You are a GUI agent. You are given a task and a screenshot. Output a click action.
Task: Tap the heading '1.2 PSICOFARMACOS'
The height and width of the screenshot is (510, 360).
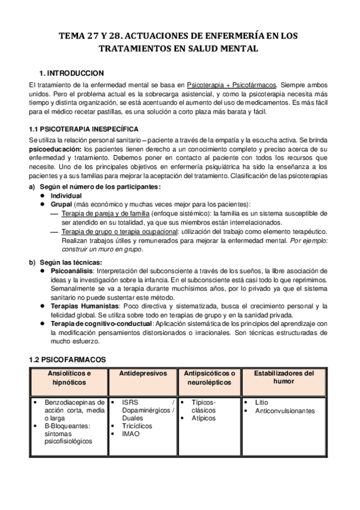[67, 359]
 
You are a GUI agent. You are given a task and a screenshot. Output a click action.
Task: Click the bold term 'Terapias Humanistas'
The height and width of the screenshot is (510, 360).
[86, 306]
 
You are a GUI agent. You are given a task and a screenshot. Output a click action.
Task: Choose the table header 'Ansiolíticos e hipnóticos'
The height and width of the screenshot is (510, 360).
[69, 377]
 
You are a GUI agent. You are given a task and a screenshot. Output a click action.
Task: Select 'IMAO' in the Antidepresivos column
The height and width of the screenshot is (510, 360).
[131, 434]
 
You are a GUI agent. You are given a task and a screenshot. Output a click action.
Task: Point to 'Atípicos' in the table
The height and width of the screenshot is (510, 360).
[204, 418]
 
